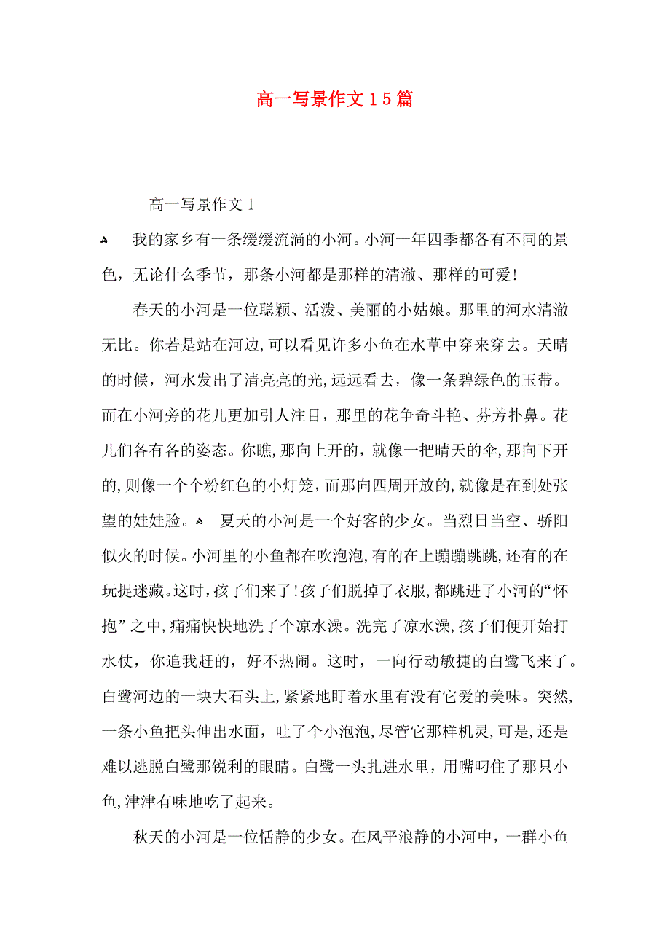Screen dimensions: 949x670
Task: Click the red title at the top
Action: pyautogui.click(x=334, y=99)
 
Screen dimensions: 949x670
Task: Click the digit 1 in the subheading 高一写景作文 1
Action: pyautogui.click(x=251, y=205)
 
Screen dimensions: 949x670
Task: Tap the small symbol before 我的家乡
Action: pyautogui.click(x=105, y=240)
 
